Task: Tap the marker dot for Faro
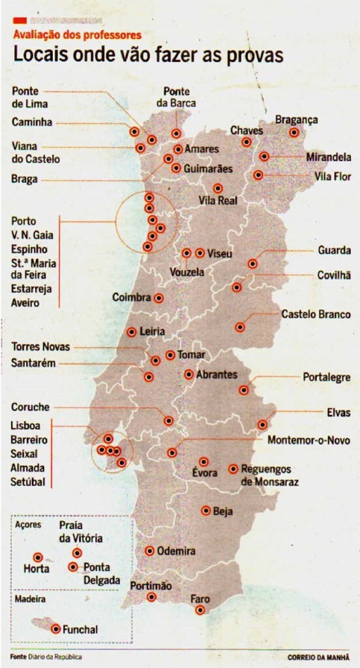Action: [x=200, y=610]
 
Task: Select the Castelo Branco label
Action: [x=316, y=314]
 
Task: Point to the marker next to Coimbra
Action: [x=158, y=298]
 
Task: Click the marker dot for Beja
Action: [x=206, y=511]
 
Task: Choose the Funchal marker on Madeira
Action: [x=56, y=630]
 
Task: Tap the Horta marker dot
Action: [x=38, y=558]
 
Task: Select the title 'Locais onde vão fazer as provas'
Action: [x=147, y=55]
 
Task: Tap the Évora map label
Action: [x=205, y=473]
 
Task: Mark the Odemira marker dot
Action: [x=150, y=551]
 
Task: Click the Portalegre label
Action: [x=327, y=378]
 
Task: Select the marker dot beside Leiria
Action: [x=132, y=331]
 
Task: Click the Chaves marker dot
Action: [x=247, y=142]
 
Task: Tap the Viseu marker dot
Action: [x=200, y=253]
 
